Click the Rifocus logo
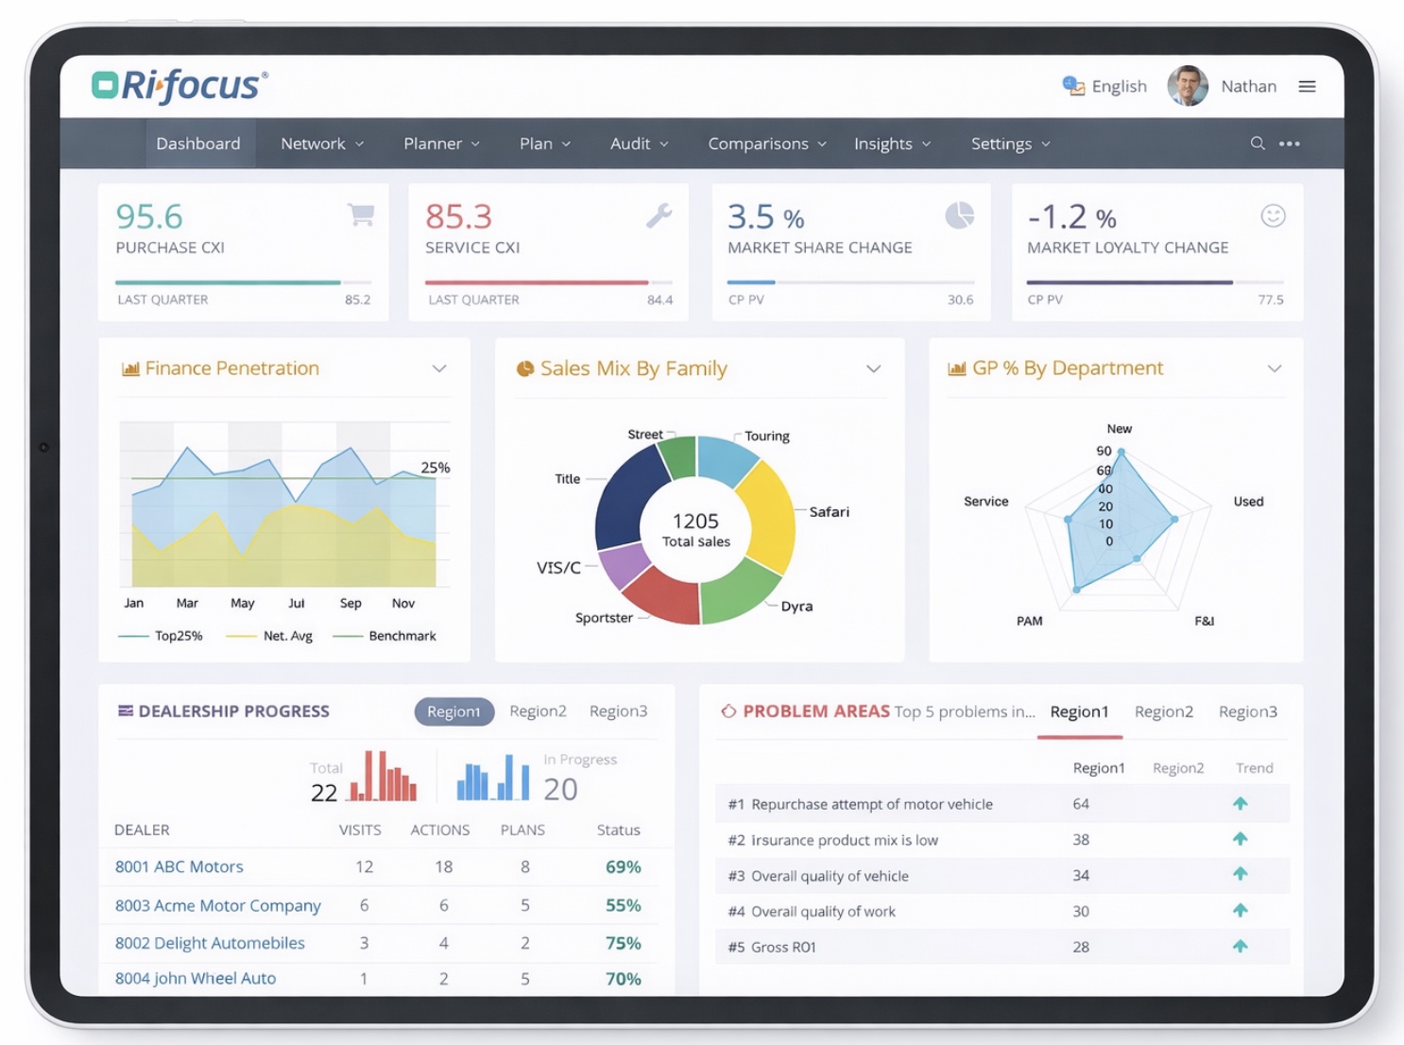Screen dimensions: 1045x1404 (x=180, y=86)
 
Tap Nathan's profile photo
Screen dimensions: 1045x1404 (x=1188, y=86)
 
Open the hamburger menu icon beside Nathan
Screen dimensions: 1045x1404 (x=1307, y=87)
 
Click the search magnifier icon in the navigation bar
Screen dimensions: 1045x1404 (x=1258, y=144)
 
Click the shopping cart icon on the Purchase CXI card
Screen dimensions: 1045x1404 (x=361, y=215)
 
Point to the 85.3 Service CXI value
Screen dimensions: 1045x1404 (x=458, y=217)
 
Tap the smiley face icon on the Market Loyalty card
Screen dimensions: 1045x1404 (x=1273, y=216)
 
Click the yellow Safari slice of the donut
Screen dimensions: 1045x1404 (x=767, y=515)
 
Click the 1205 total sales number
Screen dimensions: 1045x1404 (x=695, y=522)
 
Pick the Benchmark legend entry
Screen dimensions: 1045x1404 (x=402, y=636)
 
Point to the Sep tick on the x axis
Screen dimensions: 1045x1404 (x=351, y=604)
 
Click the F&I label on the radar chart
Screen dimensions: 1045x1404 (x=1204, y=621)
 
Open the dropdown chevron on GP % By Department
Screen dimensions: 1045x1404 (x=1274, y=368)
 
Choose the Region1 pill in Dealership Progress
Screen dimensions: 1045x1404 (x=454, y=711)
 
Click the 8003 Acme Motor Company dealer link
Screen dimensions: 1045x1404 (x=218, y=905)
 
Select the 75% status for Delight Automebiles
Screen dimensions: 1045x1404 (x=623, y=943)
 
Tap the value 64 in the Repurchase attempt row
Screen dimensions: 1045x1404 (x=1081, y=804)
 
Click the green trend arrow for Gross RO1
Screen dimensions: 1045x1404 (x=1241, y=947)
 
